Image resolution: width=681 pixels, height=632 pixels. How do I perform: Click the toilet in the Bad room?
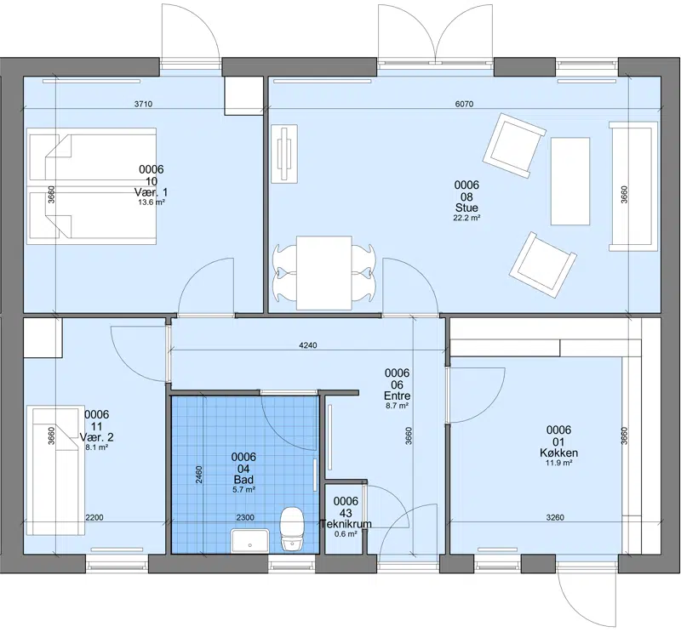(x=291, y=529)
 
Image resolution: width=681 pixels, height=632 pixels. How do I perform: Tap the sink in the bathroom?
(x=249, y=541)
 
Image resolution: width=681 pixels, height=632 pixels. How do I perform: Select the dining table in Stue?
(x=324, y=273)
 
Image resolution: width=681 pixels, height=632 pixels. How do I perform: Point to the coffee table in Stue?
(x=570, y=181)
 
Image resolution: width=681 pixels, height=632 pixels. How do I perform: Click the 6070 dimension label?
(x=464, y=104)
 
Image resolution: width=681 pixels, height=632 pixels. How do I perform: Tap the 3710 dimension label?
(x=143, y=104)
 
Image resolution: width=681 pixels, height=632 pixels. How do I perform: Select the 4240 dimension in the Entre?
(x=308, y=345)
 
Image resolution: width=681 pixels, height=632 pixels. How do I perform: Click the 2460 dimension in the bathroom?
(x=199, y=476)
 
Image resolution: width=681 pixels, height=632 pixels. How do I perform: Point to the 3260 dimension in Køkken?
(x=555, y=517)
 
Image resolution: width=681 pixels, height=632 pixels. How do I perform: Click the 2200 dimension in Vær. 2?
(x=94, y=517)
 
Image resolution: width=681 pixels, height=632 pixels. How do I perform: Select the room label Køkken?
(x=558, y=453)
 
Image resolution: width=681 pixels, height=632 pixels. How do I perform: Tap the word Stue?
(x=466, y=208)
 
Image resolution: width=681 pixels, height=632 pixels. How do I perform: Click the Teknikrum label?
(x=346, y=524)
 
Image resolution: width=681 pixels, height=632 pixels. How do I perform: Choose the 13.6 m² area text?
(x=152, y=202)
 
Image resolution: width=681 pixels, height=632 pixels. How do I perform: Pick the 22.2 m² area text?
(x=466, y=218)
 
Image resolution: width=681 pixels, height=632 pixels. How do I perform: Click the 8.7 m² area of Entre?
(x=397, y=407)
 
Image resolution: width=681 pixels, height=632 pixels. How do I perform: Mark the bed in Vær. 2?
(x=56, y=470)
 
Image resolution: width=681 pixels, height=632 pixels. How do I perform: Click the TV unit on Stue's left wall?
(x=285, y=154)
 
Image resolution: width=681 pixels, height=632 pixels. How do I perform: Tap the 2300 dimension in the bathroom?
(x=245, y=517)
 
